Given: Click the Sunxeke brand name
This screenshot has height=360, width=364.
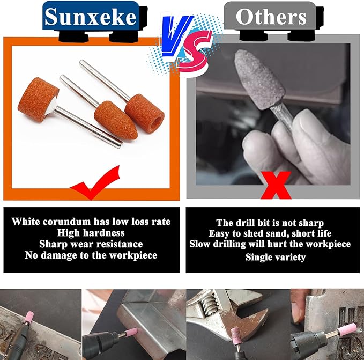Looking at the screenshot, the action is coord(91,17).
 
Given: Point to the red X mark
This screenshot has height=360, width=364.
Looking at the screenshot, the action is coord(276,185).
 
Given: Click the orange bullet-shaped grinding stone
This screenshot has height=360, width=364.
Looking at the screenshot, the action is coord(115,120).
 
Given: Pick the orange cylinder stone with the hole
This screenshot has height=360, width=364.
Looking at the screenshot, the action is coord(145,112).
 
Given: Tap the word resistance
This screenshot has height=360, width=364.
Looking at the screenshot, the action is coord(120,244).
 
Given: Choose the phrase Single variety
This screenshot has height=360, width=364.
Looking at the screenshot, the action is coord(276,258).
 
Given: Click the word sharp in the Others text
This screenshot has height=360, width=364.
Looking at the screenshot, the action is coord(311,223).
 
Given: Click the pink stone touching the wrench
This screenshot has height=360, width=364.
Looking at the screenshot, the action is coord(236,336).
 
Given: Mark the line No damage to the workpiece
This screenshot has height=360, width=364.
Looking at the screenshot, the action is coord(91,255).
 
